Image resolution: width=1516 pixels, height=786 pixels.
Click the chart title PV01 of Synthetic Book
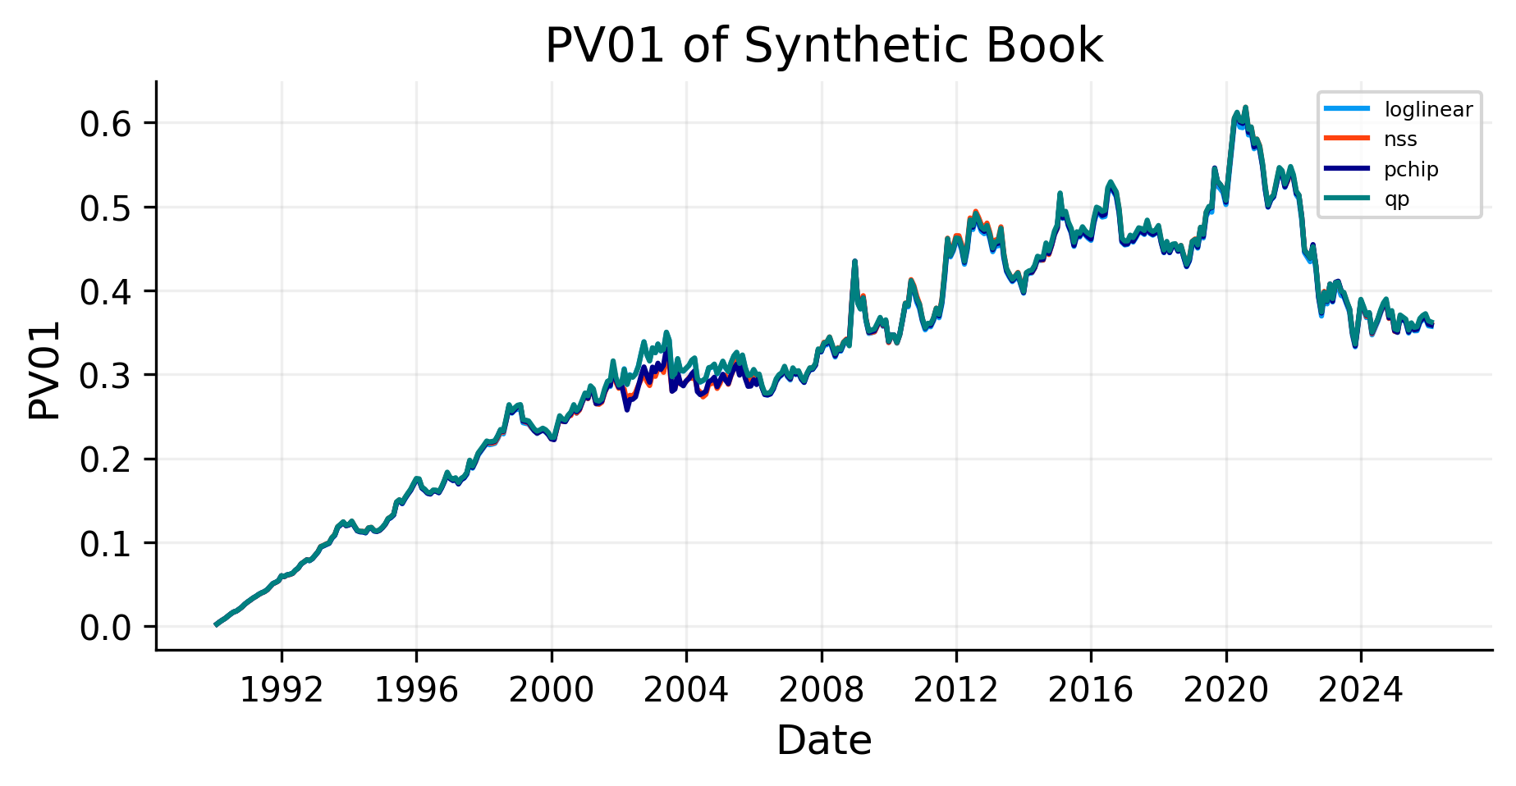point(823,46)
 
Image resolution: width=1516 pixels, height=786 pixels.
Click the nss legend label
point(1400,139)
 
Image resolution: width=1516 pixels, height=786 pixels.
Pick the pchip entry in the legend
point(1411,170)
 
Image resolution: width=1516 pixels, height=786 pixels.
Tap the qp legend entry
point(1396,199)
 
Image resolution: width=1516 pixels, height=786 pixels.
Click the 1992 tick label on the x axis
point(282,690)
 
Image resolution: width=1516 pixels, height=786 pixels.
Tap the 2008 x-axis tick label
point(821,690)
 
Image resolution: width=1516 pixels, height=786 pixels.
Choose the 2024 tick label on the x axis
point(1360,690)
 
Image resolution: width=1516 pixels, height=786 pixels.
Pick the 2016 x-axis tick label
point(1091,690)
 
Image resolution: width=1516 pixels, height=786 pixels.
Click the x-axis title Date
point(823,741)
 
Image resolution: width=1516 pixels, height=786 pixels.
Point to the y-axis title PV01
point(44,370)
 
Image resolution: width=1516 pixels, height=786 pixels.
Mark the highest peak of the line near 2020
point(1245,107)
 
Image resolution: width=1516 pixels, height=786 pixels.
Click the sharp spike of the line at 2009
point(854,262)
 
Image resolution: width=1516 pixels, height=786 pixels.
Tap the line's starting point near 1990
point(216,624)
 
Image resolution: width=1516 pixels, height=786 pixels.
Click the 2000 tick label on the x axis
point(552,690)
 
